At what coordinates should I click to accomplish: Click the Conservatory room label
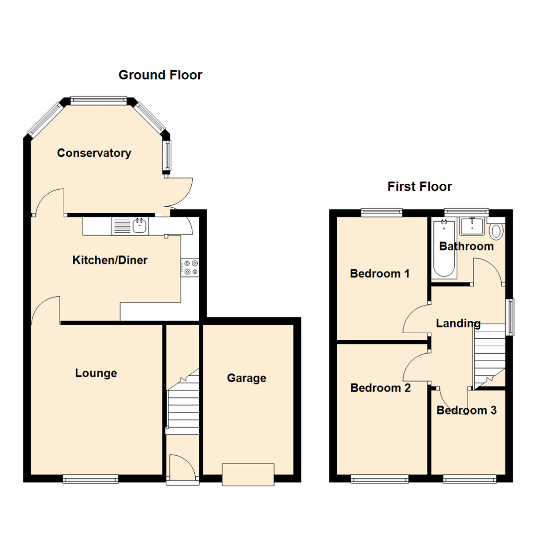(94, 153)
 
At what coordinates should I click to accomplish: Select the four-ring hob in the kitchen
(190, 268)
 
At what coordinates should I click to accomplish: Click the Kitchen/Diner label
(110, 260)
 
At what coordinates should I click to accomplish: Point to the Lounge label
(96, 373)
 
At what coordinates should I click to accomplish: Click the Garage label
(247, 378)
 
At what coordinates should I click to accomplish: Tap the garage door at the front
(248, 475)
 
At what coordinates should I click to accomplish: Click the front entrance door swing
(182, 467)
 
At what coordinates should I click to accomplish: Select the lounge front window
(91, 479)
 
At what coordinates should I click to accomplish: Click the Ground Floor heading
(160, 75)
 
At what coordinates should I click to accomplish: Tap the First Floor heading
(419, 187)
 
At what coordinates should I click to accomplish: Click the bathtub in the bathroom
(444, 248)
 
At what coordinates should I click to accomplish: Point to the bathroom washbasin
(472, 226)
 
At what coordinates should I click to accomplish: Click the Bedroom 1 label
(380, 273)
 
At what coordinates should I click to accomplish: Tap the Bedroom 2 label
(381, 388)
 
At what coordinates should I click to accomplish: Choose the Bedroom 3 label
(467, 410)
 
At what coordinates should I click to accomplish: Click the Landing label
(458, 323)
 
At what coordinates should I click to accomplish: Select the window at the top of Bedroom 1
(382, 212)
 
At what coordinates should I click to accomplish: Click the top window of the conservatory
(99, 100)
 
